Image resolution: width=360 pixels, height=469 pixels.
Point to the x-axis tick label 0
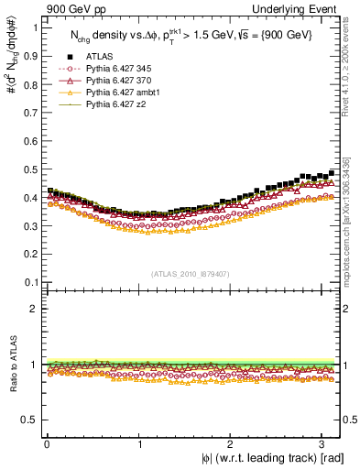point(47,444)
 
